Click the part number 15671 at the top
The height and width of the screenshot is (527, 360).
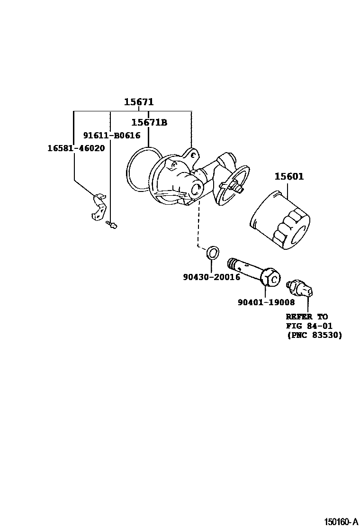(139, 102)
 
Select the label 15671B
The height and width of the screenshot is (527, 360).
(149, 123)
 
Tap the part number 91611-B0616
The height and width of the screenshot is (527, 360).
(112, 136)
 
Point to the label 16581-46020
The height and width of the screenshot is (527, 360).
(76, 148)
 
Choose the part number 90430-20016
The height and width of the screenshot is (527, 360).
(211, 277)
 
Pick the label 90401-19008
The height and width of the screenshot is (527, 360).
(266, 302)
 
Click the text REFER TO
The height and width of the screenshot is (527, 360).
(306, 317)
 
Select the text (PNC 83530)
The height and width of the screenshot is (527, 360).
(314, 335)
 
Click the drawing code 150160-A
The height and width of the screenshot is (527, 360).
(341, 521)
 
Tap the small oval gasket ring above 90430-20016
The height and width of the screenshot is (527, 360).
(213, 253)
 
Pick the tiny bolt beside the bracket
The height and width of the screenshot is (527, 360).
(112, 225)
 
